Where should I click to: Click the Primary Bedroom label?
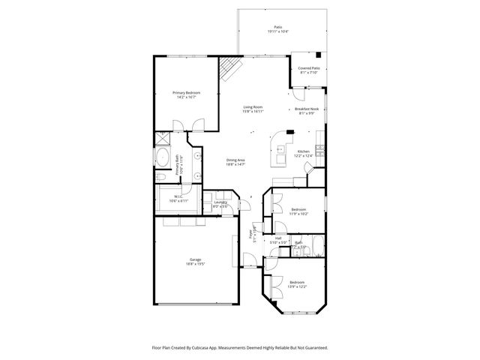(186, 92)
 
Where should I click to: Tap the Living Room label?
(253, 107)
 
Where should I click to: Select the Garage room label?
(194, 259)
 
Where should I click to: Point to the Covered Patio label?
(309, 69)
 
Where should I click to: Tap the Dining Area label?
(236, 160)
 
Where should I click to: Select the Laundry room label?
(220, 202)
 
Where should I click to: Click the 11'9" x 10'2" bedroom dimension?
(299, 214)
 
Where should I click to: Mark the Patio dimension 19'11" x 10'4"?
(278, 31)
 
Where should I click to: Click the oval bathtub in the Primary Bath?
(162, 157)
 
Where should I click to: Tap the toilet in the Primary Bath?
(161, 176)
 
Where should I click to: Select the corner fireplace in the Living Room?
(228, 70)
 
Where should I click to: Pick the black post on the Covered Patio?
(319, 54)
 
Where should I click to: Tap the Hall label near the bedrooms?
(277, 238)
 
